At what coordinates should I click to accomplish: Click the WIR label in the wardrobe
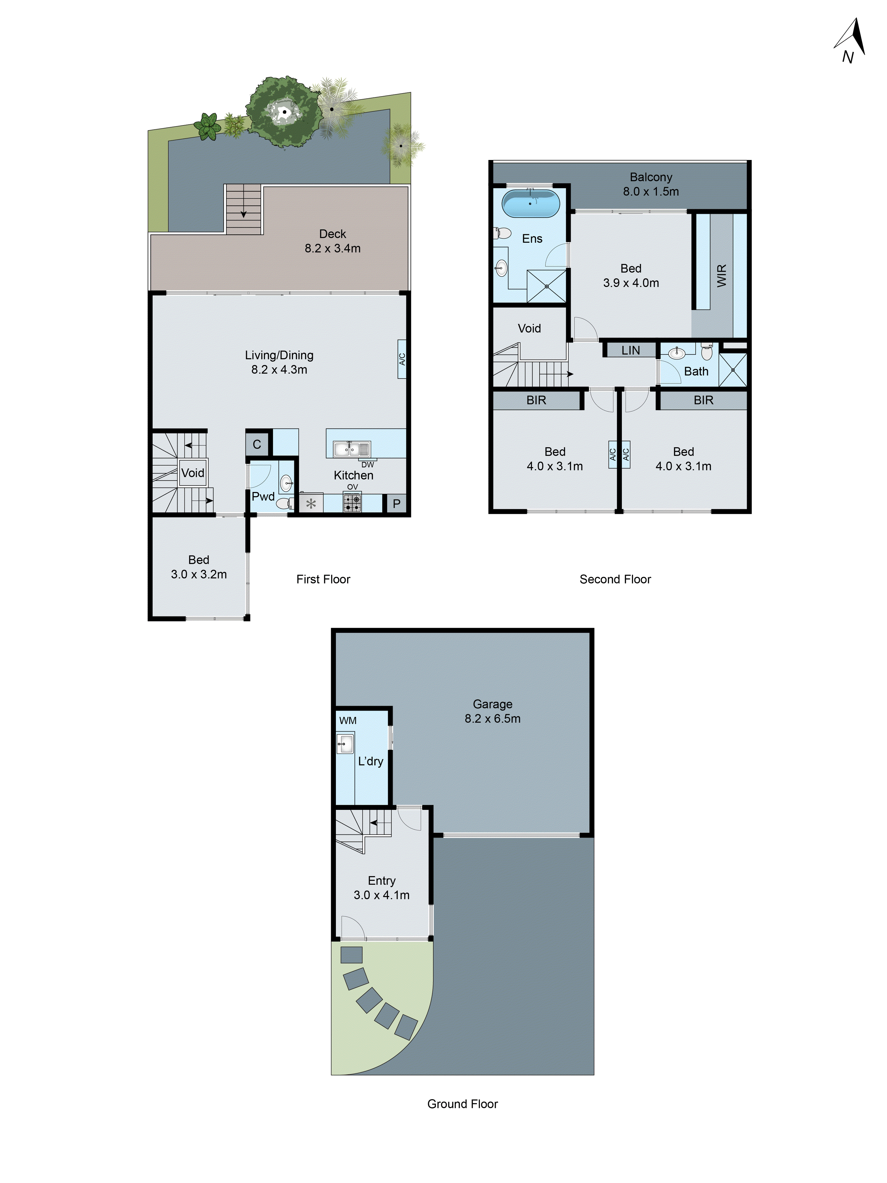click(x=721, y=276)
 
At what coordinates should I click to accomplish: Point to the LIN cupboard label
click(x=630, y=350)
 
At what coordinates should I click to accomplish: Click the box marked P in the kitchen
click(x=396, y=504)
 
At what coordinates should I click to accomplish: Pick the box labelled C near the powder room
click(x=257, y=444)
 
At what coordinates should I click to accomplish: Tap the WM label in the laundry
click(x=347, y=720)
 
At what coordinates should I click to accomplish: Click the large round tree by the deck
click(x=284, y=112)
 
